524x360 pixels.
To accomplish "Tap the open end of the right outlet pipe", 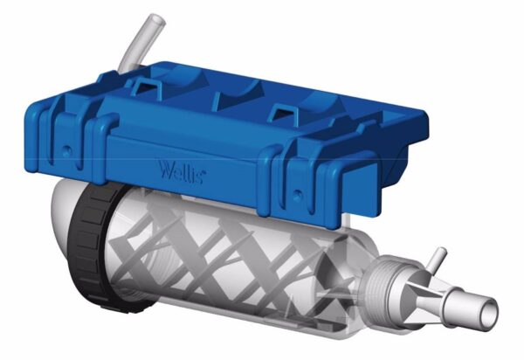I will coord(490,310).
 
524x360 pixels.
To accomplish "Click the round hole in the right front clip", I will coord(298,185).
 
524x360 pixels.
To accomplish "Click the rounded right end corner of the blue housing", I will coord(420,122).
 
